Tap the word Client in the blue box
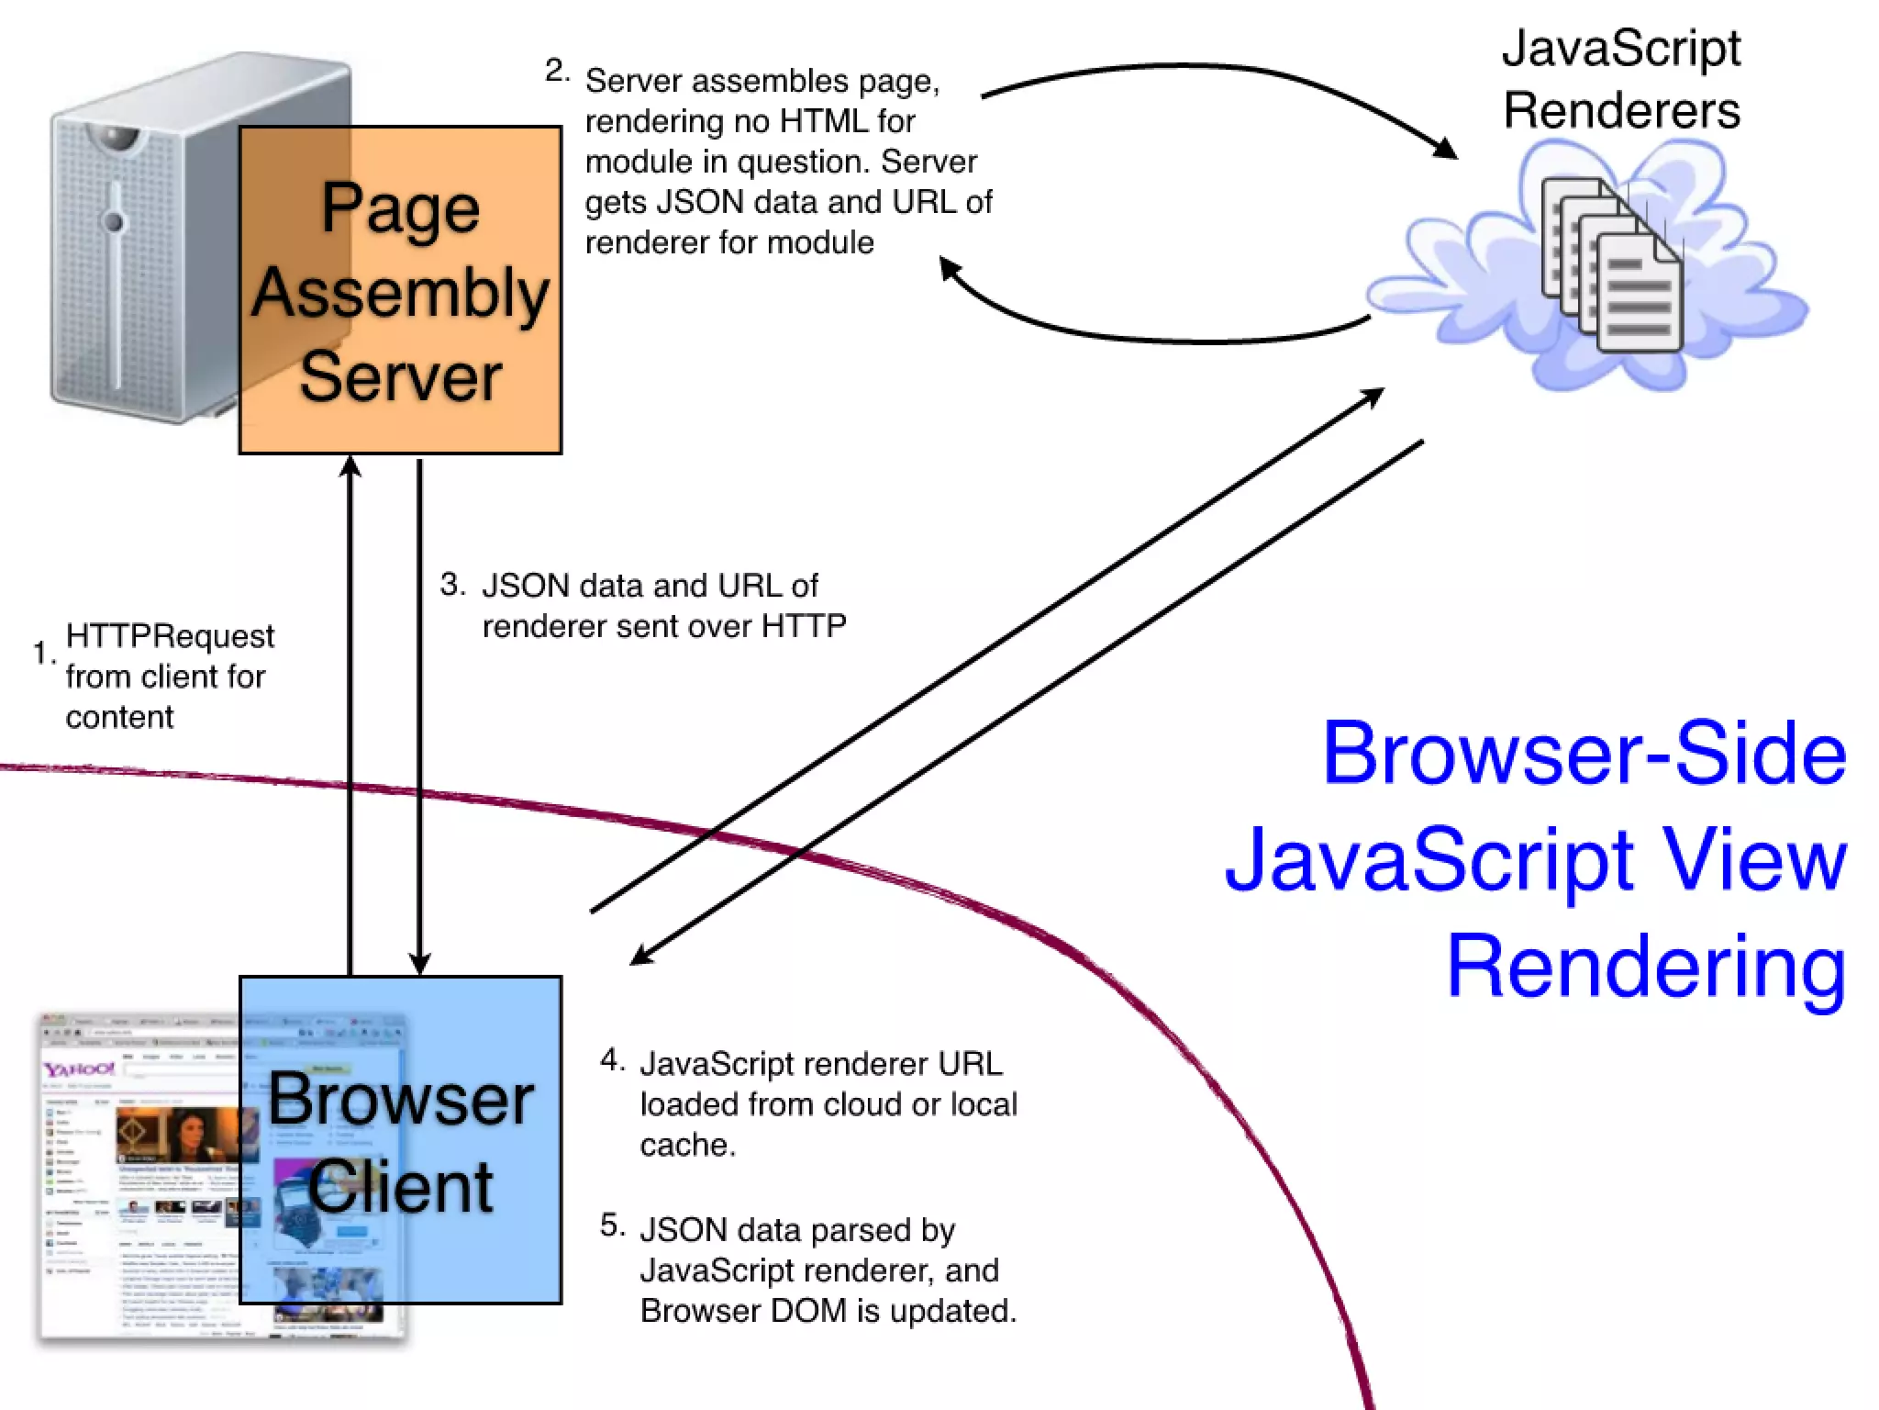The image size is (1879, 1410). tap(400, 1186)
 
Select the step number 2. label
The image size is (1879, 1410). tap(557, 71)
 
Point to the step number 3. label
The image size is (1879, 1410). tap(452, 584)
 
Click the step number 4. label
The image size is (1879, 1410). tap(612, 1060)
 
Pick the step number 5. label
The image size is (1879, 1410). tap(612, 1225)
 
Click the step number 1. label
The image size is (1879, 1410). tap(43, 653)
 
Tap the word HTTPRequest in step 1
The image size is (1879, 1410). tap(170, 635)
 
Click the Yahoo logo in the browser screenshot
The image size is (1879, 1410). tap(79, 1069)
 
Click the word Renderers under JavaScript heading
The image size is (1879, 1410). tap(1621, 111)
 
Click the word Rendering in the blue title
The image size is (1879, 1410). tap(1646, 966)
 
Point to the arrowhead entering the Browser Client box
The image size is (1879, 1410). tap(419, 965)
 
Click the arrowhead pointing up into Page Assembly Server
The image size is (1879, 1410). tap(350, 466)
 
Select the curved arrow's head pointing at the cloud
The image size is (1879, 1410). tap(1447, 149)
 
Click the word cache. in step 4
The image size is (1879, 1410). tap(687, 1145)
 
